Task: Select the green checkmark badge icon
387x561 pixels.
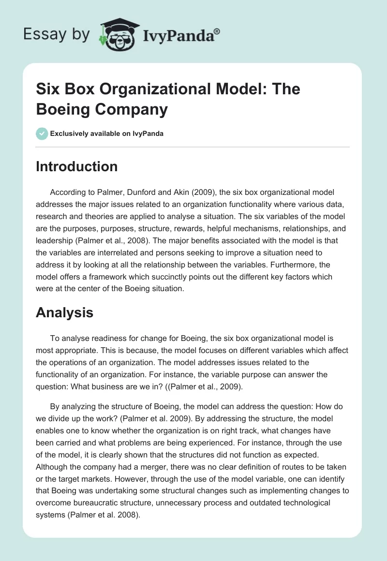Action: point(42,133)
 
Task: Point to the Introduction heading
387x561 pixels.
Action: point(76,166)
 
